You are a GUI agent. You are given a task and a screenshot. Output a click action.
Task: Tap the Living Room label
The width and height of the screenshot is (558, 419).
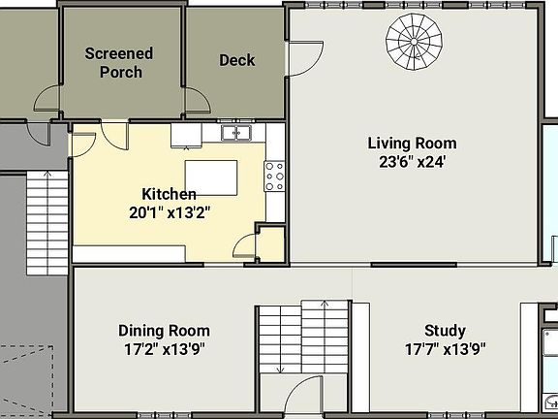tap(412, 144)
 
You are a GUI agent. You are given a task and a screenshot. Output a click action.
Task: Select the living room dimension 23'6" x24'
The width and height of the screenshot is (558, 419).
tap(412, 162)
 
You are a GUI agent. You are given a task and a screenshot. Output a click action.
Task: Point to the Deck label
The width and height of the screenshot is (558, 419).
tap(236, 60)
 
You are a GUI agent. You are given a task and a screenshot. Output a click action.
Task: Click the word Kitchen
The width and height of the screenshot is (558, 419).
tap(169, 194)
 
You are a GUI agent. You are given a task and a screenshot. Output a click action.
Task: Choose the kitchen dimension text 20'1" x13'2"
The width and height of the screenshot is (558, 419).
tap(169, 211)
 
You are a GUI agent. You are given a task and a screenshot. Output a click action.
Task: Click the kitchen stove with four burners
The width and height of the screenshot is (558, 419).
tap(275, 176)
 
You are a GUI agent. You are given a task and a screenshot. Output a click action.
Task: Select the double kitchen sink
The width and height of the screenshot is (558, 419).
tap(235, 133)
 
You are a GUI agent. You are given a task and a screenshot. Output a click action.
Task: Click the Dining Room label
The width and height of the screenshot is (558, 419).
tap(164, 331)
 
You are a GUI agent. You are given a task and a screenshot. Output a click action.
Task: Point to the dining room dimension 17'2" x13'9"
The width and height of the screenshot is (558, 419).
tap(164, 348)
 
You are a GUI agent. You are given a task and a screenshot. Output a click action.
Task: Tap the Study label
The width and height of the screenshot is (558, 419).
tap(445, 331)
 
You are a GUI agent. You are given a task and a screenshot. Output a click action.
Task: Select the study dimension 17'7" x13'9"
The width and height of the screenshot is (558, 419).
tap(445, 348)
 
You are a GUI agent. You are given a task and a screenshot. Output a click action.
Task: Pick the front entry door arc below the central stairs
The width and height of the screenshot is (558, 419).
tap(308, 396)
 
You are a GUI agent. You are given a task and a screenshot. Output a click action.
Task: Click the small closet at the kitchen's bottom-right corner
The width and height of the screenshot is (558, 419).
tap(269, 243)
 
